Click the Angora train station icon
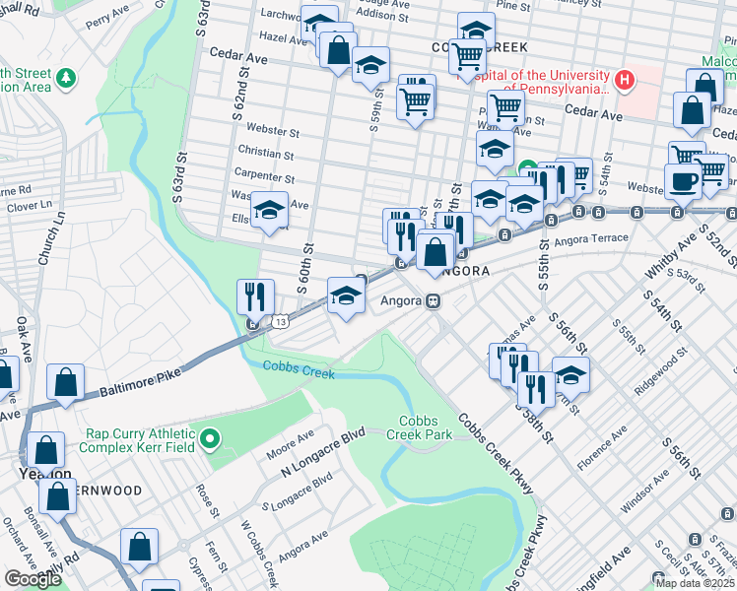point(432,300)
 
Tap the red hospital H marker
point(624,79)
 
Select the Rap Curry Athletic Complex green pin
point(208,437)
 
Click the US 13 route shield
point(282,322)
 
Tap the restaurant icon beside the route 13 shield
point(254,296)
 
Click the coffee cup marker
point(682,181)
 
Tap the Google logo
point(33,578)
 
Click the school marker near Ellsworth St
point(268,210)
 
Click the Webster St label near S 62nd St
point(273,130)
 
